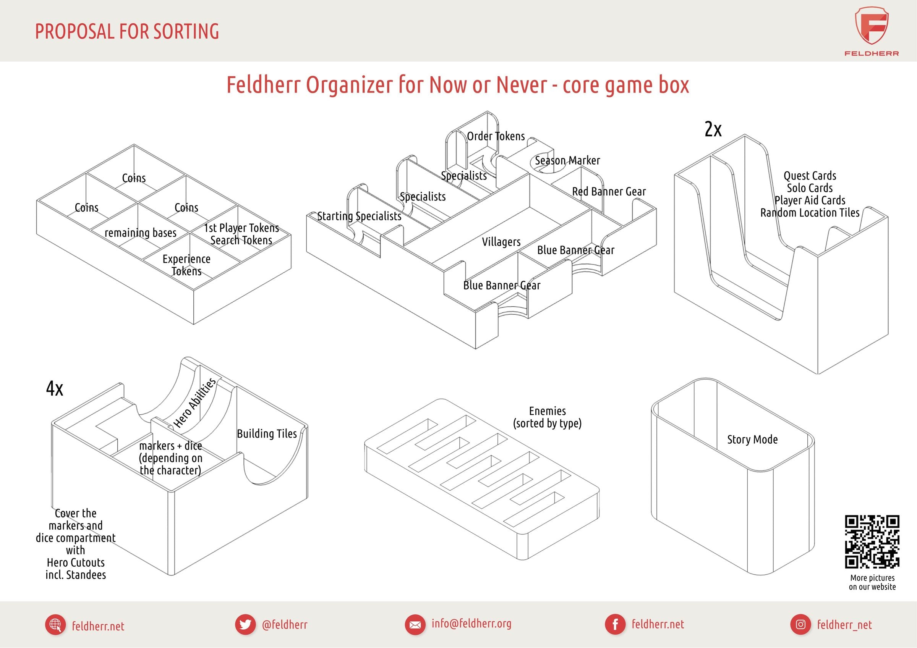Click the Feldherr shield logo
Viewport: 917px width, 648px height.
tap(871, 26)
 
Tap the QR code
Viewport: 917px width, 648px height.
tap(872, 541)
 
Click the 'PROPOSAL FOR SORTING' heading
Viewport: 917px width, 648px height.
tap(127, 32)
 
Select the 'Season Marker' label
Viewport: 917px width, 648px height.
tap(567, 160)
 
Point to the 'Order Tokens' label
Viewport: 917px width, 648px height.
tap(496, 136)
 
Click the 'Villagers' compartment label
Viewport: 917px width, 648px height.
tap(501, 242)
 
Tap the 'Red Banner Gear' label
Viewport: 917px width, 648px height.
tap(609, 192)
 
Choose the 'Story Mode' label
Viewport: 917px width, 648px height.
tap(752, 440)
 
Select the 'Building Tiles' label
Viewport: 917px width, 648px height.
tap(267, 434)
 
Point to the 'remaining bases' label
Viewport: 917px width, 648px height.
tap(140, 233)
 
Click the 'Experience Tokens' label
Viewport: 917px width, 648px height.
tap(186, 265)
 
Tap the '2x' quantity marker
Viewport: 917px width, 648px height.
tap(713, 129)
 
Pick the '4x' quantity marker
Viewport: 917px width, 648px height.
tap(55, 388)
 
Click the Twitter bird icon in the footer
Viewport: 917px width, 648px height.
tap(245, 624)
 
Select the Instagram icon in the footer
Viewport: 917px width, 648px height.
tap(800, 624)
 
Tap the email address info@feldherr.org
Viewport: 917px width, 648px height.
tap(471, 624)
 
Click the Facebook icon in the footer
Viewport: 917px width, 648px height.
tap(615, 624)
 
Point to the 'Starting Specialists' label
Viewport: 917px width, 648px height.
tap(359, 216)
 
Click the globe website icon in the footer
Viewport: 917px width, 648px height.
tap(55, 624)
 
